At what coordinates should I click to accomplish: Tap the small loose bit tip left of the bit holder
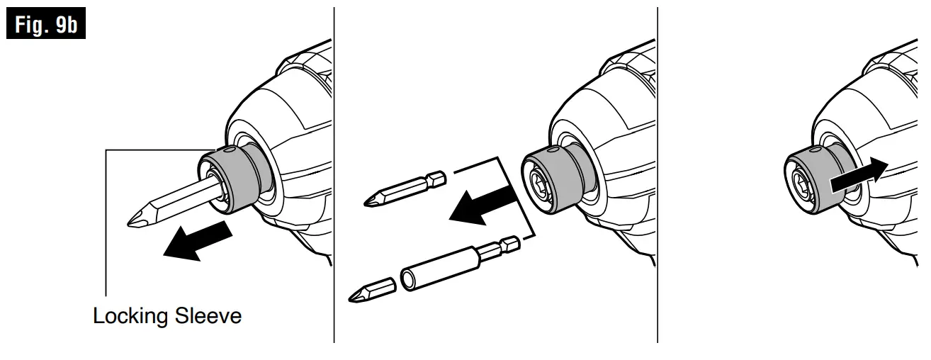[x=371, y=291]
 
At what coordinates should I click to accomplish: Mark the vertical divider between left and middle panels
[x=334, y=177]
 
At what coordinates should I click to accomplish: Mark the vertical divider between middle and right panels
[x=658, y=177]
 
